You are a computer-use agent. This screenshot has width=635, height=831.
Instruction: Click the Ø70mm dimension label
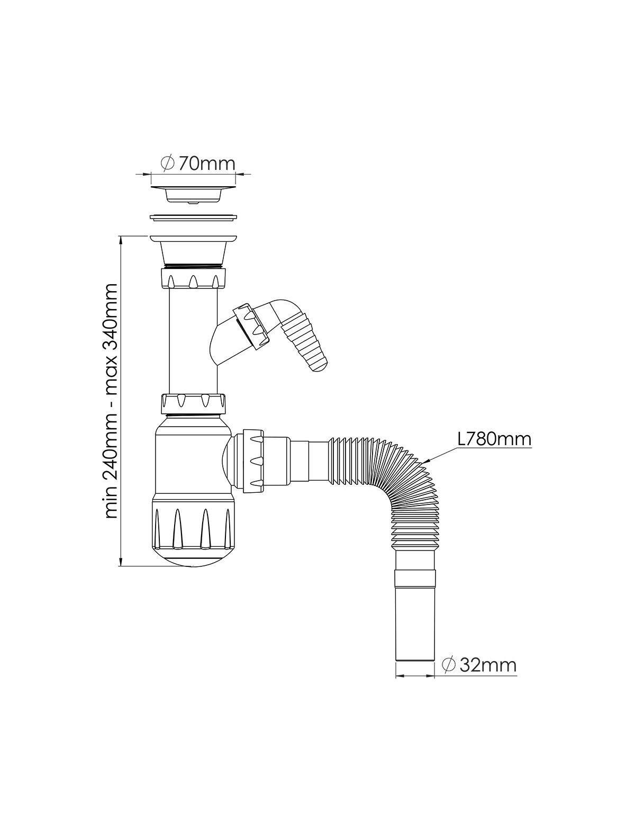(198, 164)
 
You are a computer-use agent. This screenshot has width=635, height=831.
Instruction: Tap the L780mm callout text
(495, 439)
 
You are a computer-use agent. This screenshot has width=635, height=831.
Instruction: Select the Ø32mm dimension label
(479, 665)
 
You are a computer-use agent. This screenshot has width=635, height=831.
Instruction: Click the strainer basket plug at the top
(193, 195)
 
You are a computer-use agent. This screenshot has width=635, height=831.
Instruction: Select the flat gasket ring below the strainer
(193, 218)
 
